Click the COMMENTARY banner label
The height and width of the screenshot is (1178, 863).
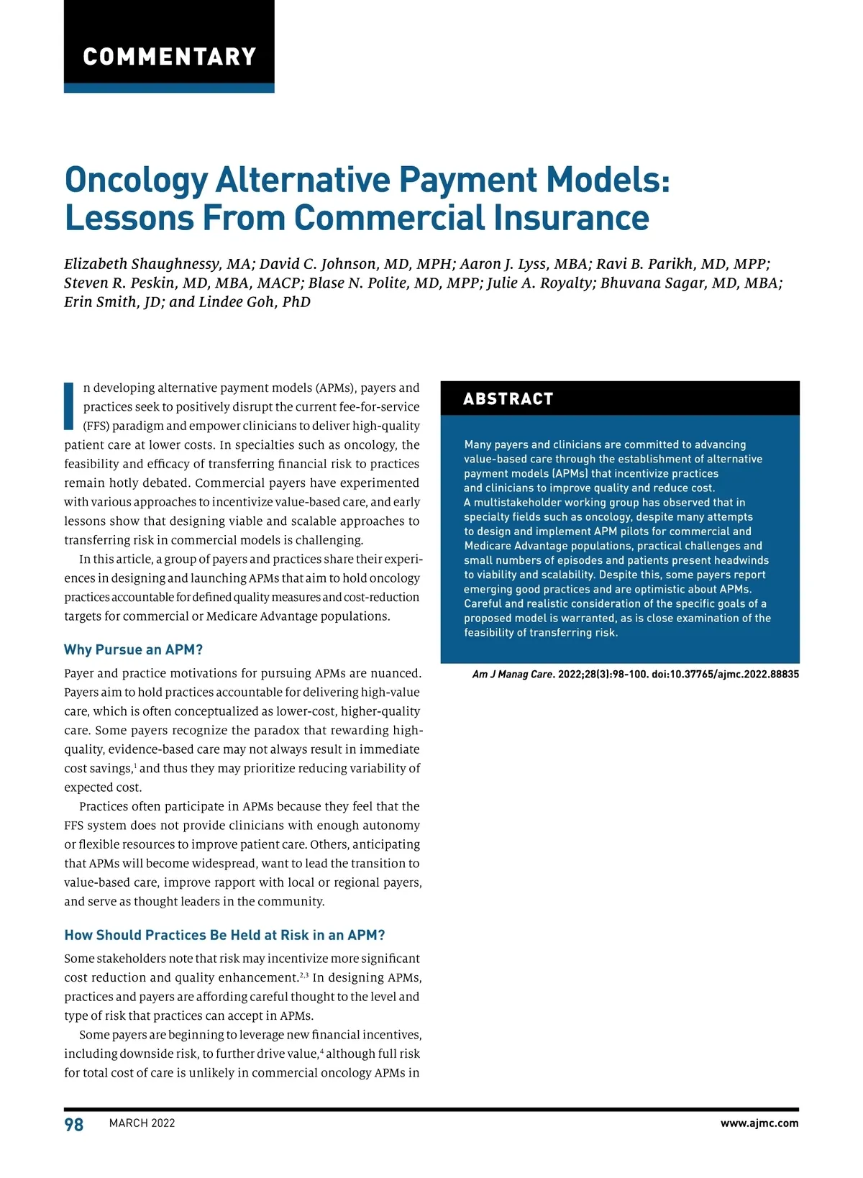pyautogui.click(x=170, y=57)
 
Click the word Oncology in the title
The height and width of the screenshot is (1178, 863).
pyautogui.click(x=136, y=181)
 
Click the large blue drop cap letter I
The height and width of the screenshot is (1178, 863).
pyautogui.click(x=69, y=406)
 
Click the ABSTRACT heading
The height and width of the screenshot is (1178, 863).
pyautogui.click(x=508, y=399)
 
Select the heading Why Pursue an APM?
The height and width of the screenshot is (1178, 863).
pyautogui.click(x=134, y=650)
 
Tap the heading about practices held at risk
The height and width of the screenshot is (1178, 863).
pyautogui.click(x=224, y=936)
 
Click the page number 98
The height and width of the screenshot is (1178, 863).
pyautogui.click(x=74, y=1125)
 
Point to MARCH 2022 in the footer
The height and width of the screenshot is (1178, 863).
pyautogui.click(x=142, y=1123)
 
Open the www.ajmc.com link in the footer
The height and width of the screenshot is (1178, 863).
pyautogui.click(x=759, y=1123)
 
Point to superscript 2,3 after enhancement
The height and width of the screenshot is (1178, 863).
pyautogui.click(x=304, y=975)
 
